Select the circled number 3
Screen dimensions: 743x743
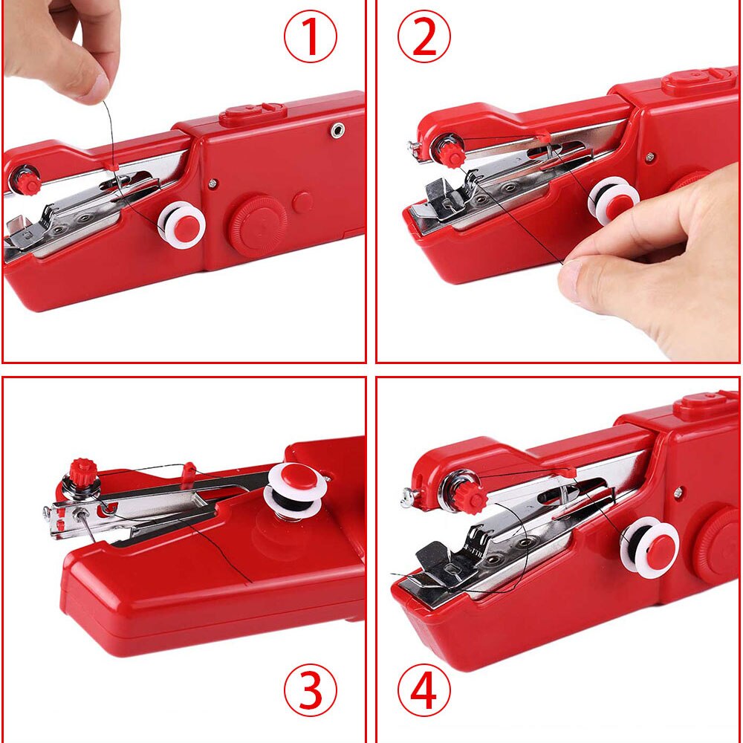311,691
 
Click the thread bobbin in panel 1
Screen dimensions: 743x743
182,224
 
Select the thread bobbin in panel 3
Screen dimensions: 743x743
294,490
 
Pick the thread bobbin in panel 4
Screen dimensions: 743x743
650,548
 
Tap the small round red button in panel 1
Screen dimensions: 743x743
302,202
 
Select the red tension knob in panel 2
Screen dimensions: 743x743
450,154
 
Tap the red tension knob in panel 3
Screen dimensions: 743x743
83,472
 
